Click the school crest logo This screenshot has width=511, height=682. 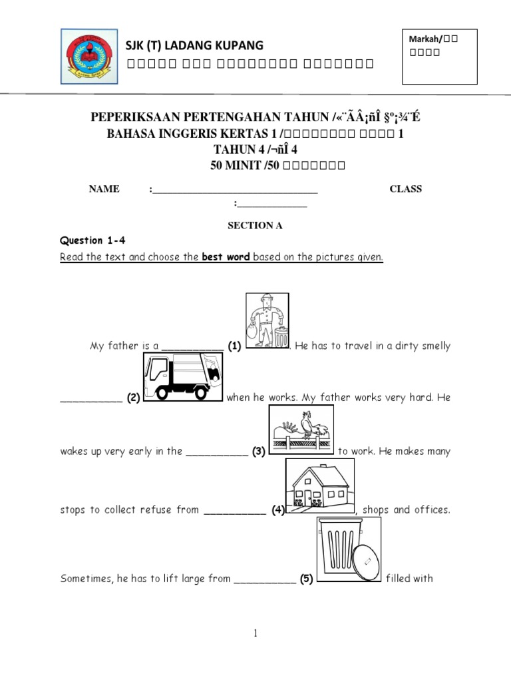[x=87, y=56]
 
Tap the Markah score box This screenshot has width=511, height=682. [x=439, y=57]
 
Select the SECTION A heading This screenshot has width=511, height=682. [x=255, y=226]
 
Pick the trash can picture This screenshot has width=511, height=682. [x=348, y=549]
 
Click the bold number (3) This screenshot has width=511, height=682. [x=259, y=452]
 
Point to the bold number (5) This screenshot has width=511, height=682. [x=305, y=579]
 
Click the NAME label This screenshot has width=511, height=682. [x=104, y=189]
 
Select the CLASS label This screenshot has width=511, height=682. [x=405, y=189]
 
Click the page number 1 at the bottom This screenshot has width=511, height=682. [x=255, y=633]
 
